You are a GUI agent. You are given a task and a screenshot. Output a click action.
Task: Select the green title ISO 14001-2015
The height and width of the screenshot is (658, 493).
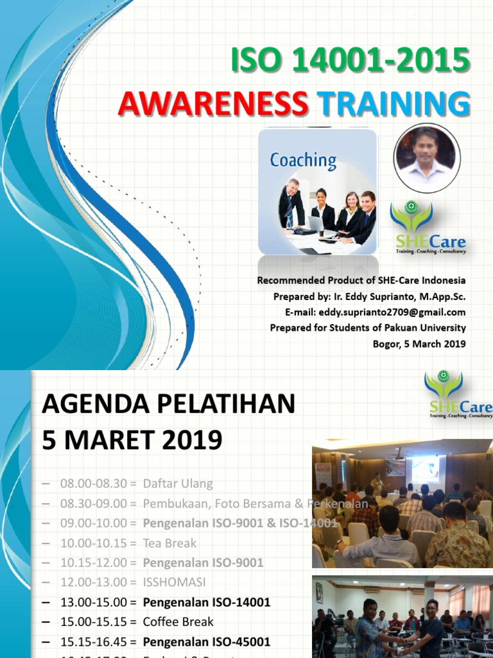click(x=350, y=62)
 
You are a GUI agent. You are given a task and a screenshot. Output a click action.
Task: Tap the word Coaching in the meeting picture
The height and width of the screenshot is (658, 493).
click(x=303, y=160)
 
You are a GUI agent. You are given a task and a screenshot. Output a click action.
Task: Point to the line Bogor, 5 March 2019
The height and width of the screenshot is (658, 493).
click(x=419, y=343)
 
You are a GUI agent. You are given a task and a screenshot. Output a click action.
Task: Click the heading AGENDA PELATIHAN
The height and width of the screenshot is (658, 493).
click(x=168, y=405)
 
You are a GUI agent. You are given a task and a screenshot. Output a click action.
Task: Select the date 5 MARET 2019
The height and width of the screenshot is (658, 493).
click(x=132, y=440)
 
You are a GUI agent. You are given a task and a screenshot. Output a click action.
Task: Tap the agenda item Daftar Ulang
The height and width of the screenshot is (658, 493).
click(x=178, y=483)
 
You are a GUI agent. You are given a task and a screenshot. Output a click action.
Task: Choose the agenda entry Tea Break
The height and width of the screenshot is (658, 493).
click(x=169, y=543)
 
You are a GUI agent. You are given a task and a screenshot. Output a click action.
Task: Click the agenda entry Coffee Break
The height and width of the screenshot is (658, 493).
click(x=178, y=622)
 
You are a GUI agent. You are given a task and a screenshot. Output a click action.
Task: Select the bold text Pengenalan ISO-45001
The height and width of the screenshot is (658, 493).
click(x=206, y=641)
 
